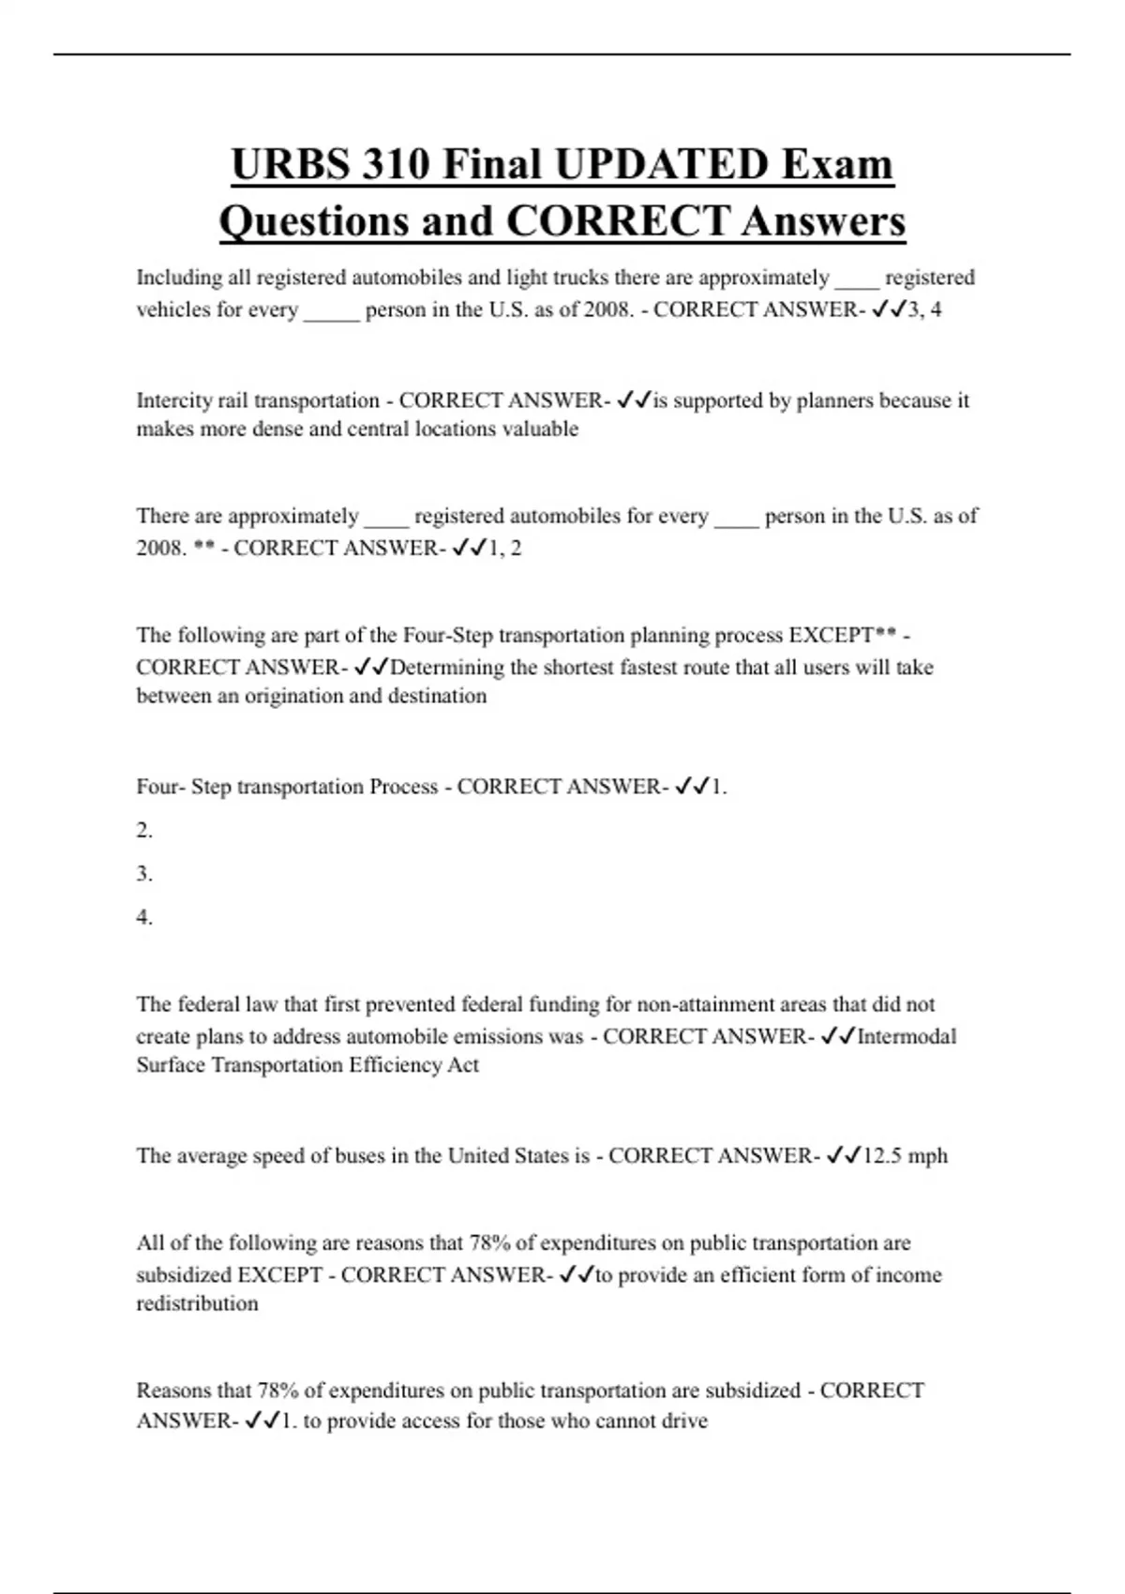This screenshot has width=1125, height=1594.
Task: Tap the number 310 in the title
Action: click(x=396, y=164)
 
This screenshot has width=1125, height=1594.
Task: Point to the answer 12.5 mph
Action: click(x=905, y=1155)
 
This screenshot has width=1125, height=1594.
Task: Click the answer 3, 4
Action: click(x=924, y=309)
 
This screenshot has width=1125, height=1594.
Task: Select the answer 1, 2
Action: click(x=505, y=548)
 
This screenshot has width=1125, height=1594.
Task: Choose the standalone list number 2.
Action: click(x=143, y=830)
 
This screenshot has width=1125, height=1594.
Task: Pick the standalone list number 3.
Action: click(x=143, y=873)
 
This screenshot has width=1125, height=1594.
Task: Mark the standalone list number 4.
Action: click(x=143, y=917)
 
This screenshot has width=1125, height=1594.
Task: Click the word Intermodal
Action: click(x=907, y=1036)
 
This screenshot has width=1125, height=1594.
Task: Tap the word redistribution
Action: click(x=197, y=1303)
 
